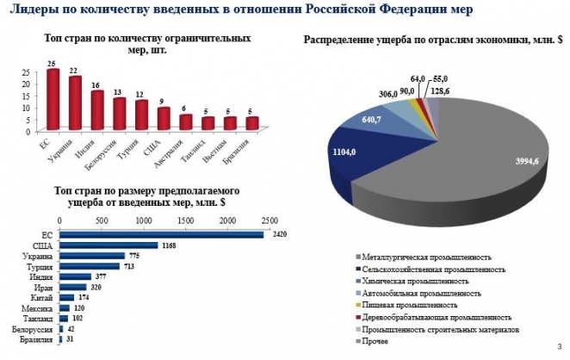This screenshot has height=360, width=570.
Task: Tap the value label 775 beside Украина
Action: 133,255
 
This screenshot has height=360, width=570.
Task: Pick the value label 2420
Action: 276,233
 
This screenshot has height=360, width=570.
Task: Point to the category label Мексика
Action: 40,308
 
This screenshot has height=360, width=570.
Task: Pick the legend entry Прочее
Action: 375,341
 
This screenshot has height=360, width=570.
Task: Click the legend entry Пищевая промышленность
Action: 409,305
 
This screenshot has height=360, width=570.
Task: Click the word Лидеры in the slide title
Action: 32,9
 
